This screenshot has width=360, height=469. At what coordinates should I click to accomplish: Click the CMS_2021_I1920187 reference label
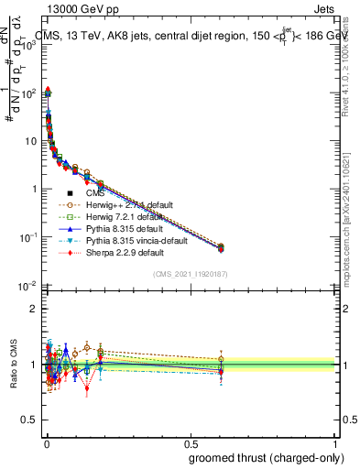click(x=190, y=274)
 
